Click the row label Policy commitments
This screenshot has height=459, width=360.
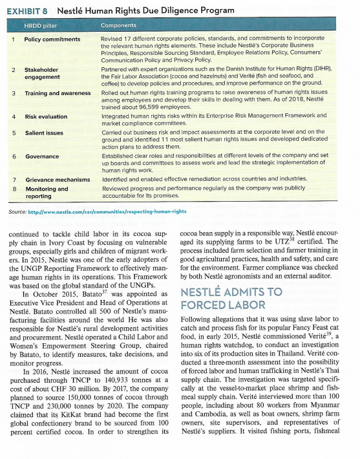click(x=52, y=39)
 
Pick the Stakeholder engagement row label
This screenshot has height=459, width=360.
click(x=41, y=72)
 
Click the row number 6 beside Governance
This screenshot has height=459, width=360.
click(x=14, y=156)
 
